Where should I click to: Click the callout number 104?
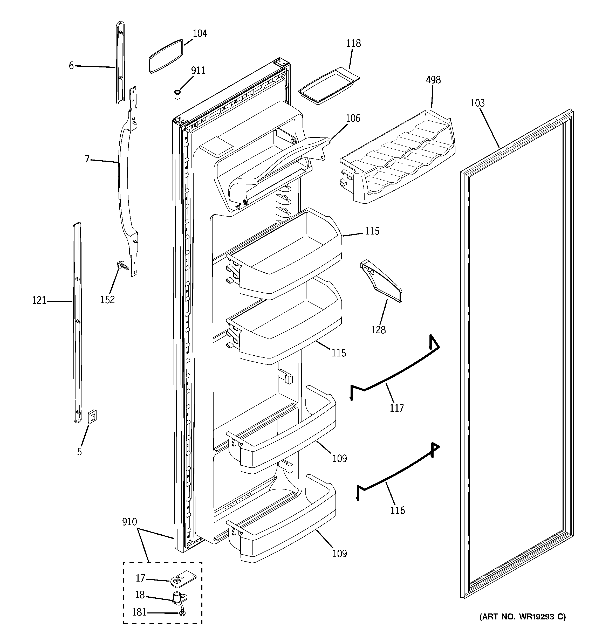(200, 33)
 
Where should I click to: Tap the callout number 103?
(477, 103)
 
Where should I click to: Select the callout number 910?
(129, 522)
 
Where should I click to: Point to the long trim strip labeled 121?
(77, 323)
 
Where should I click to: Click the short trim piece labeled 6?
(120, 63)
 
